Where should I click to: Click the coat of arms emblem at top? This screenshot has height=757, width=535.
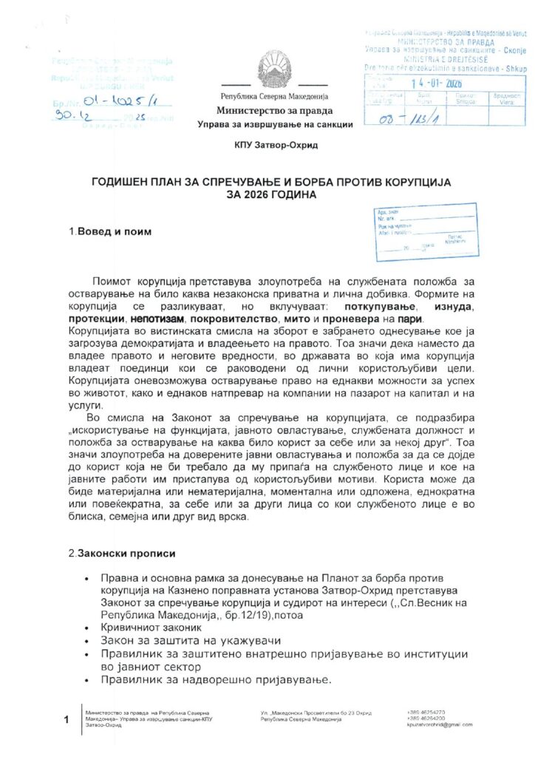pyautogui.click(x=267, y=70)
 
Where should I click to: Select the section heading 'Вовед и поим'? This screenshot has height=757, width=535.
pyautogui.click(x=110, y=231)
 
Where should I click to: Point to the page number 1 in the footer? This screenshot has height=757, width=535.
pyautogui.click(x=67, y=719)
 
